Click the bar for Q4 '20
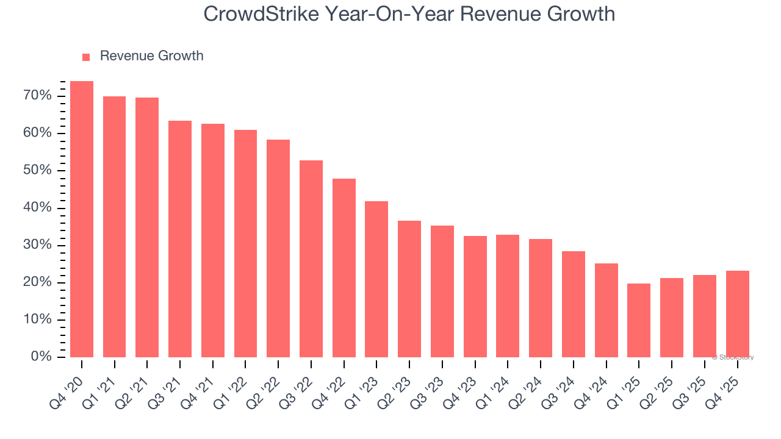click(82, 220)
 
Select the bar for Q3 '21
click(180, 239)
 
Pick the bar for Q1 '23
click(376, 279)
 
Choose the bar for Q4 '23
click(475, 296)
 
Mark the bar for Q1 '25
click(639, 320)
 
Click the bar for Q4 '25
click(737, 314)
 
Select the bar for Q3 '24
click(573, 304)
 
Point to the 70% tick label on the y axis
click(38, 96)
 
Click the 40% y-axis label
click(38, 208)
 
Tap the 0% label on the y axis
click(41, 357)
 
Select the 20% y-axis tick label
click(38, 282)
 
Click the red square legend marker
click(86, 57)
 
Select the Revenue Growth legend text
click(151, 56)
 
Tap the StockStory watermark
click(733, 357)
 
